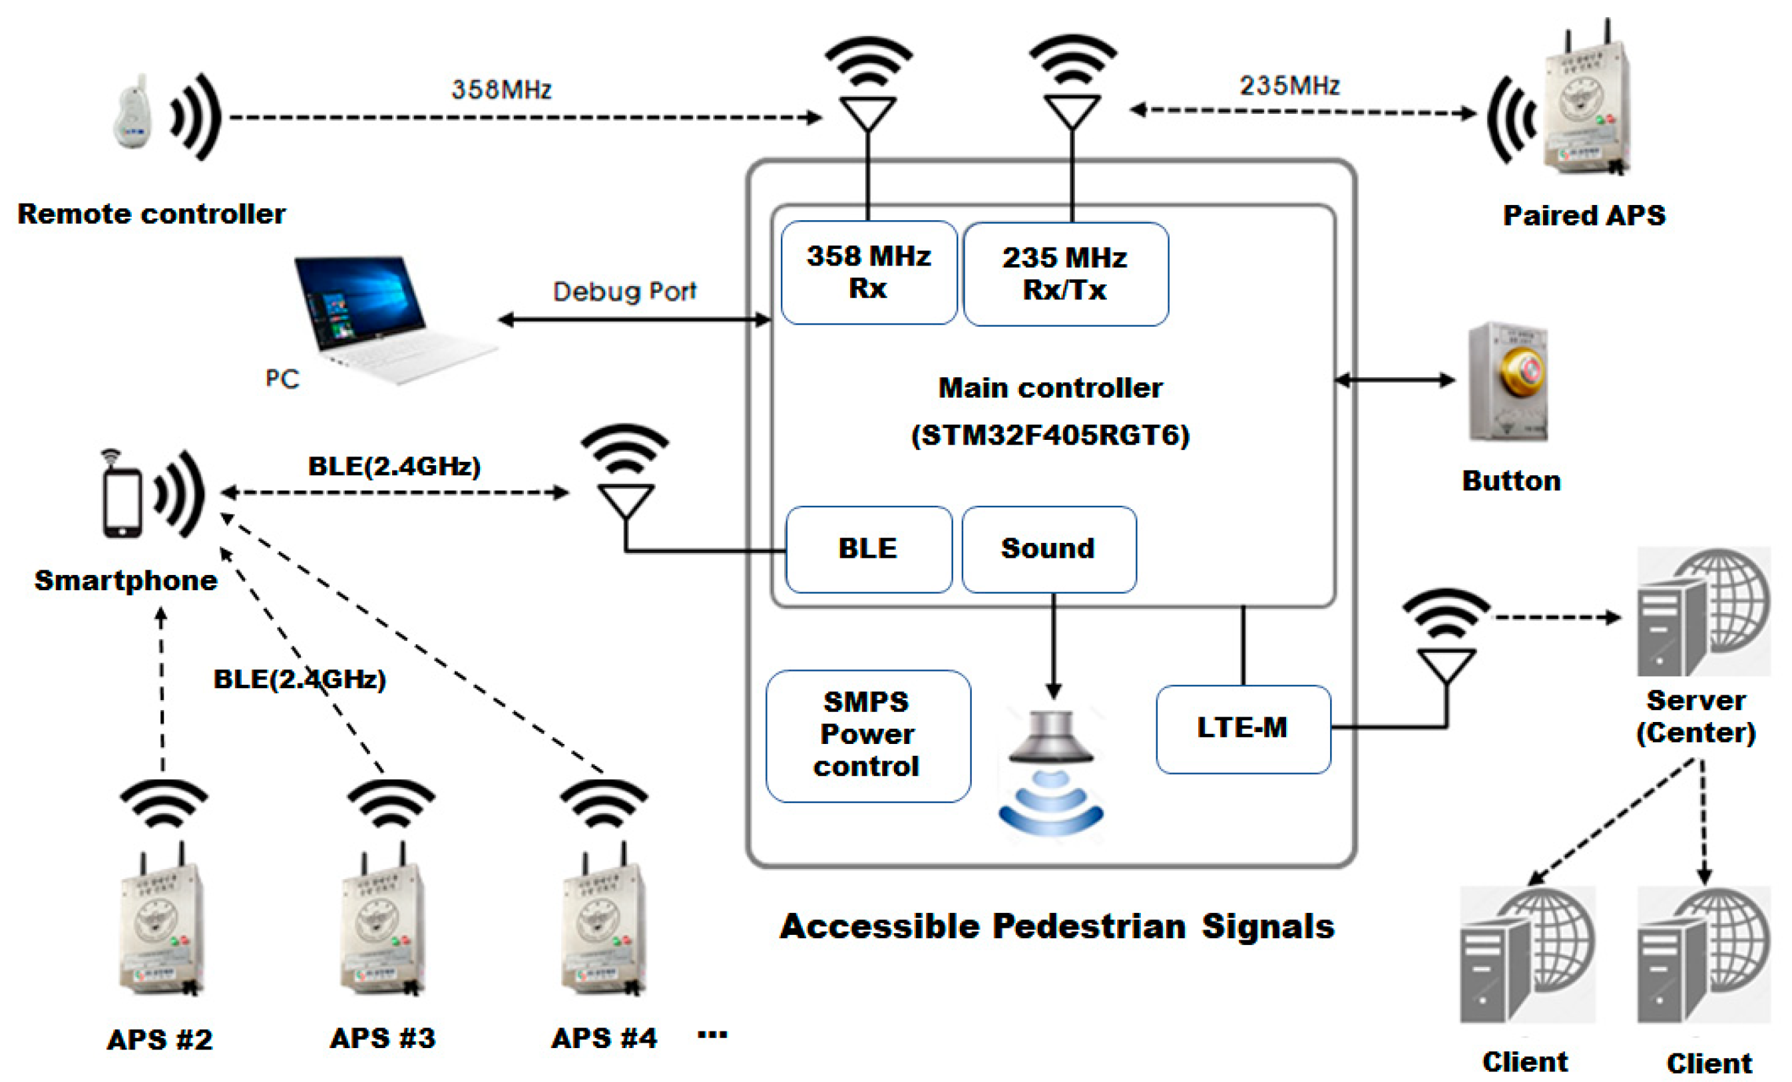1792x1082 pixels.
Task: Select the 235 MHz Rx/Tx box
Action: point(1066,274)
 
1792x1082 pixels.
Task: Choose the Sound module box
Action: point(1048,549)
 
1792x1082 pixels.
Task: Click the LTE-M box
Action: point(1243,729)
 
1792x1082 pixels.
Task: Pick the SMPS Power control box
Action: point(867,736)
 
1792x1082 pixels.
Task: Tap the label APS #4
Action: point(604,1038)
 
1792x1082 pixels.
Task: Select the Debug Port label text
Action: point(624,291)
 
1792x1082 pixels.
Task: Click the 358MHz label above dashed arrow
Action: point(501,89)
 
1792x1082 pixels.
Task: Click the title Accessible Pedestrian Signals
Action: point(1056,926)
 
